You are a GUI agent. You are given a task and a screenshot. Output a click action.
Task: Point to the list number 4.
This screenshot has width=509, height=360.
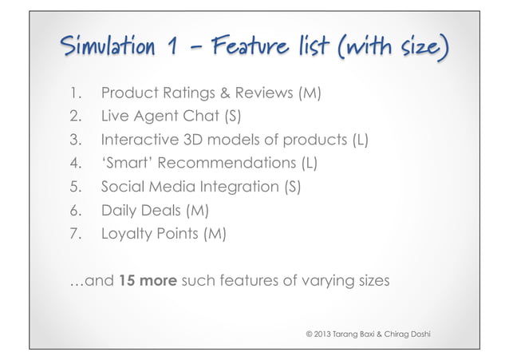coord(74,164)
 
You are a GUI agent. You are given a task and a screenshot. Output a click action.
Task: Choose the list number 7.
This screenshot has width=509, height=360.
coord(74,235)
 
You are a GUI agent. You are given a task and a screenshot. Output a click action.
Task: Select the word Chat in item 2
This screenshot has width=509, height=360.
coord(204,118)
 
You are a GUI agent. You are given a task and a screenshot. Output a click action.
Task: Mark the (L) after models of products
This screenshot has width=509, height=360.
coord(360,141)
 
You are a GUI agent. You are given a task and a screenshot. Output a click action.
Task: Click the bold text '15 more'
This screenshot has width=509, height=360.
coord(148,281)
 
